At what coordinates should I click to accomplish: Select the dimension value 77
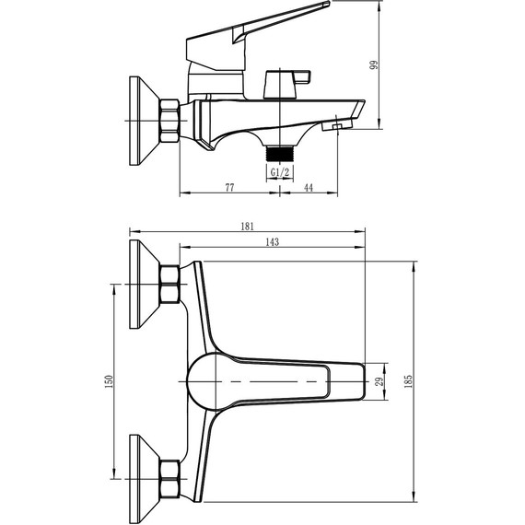pos(229,187)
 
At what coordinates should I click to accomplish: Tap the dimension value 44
pos(308,187)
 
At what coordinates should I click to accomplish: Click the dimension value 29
pos(377,380)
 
